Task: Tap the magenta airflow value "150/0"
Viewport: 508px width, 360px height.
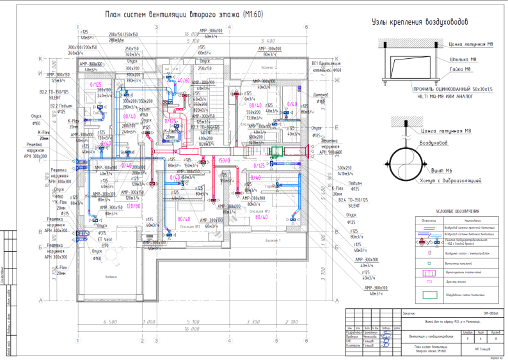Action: [224, 160]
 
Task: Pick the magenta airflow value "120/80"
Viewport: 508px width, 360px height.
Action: [133, 207]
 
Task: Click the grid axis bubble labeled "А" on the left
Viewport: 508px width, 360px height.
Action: [40, 300]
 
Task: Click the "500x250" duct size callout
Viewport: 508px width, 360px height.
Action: [336, 167]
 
